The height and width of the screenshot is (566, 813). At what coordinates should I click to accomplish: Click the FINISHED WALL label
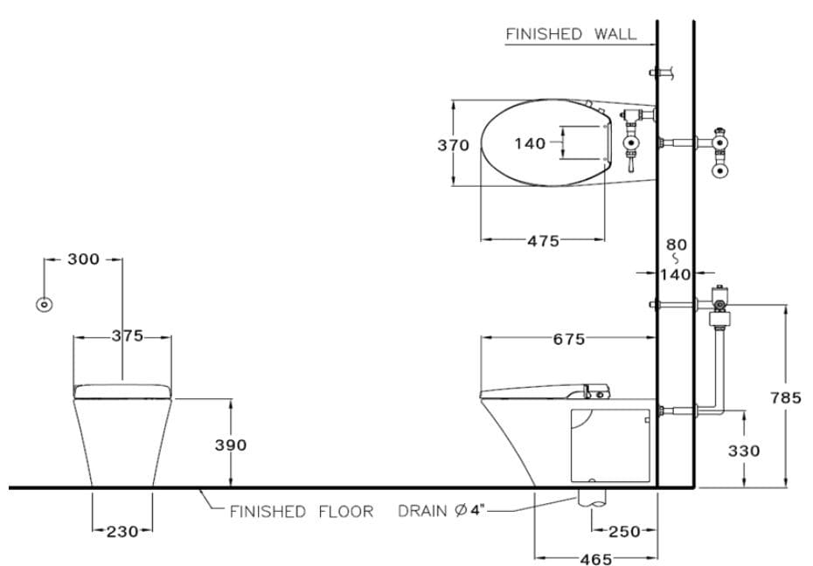pyautogui.click(x=571, y=34)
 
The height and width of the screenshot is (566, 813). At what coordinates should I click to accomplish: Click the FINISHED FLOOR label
pyautogui.click(x=301, y=512)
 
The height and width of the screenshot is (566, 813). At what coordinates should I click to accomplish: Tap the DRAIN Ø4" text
pyautogui.click(x=441, y=511)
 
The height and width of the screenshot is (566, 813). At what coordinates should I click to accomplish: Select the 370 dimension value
pyautogui.click(x=453, y=145)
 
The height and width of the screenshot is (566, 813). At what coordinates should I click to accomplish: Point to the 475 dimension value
pyautogui.click(x=543, y=241)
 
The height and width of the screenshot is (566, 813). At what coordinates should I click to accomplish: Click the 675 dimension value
pyautogui.click(x=568, y=340)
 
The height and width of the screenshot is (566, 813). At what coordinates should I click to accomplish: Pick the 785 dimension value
pyautogui.click(x=785, y=397)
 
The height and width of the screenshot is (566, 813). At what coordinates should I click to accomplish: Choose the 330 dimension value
pyautogui.click(x=744, y=451)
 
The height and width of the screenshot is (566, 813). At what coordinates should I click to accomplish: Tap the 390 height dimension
pyautogui.click(x=231, y=445)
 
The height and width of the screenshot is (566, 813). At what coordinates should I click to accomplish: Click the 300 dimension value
pyautogui.click(x=83, y=259)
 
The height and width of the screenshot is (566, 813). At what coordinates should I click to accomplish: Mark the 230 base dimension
pyautogui.click(x=122, y=530)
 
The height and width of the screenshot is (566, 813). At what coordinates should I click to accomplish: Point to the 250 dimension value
pyautogui.click(x=624, y=530)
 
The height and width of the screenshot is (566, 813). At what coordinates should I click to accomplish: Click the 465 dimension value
pyautogui.click(x=595, y=559)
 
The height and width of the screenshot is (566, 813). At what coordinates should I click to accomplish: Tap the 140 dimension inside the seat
pyautogui.click(x=530, y=143)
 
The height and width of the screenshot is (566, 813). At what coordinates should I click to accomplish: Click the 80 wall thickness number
pyautogui.click(x=677, y=245)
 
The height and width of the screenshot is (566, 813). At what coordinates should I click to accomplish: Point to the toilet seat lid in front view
pyautogui.click(x=122, y=390)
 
